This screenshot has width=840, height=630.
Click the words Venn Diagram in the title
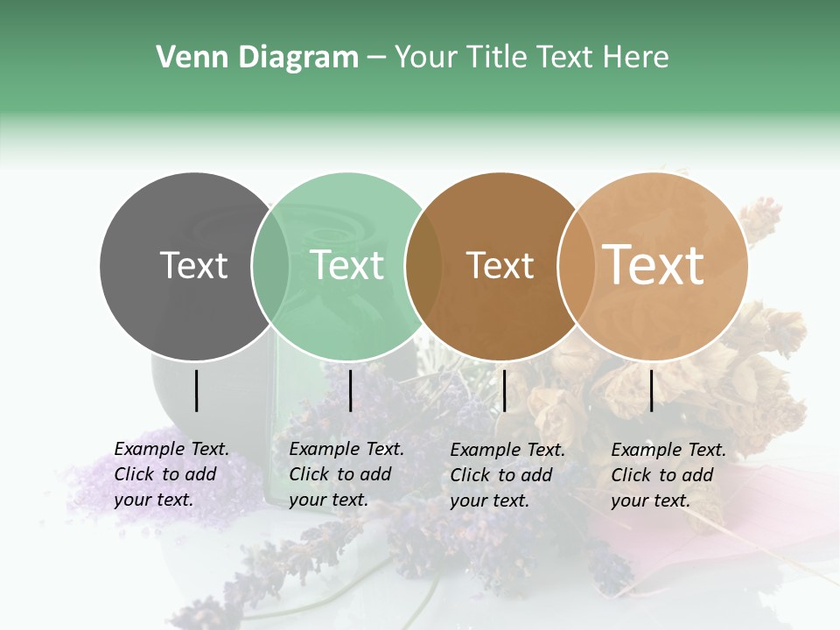point(257,58)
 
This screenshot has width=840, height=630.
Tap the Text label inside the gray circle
point(193,265)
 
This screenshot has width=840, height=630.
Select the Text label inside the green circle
point(347,265)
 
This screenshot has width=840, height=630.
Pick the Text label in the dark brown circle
point(500,265)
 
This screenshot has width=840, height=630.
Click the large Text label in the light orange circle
point(654,265)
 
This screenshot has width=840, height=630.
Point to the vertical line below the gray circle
point(196,390)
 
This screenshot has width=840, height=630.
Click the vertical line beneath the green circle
point(350,390)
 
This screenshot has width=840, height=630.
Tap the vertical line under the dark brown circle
point(504,390)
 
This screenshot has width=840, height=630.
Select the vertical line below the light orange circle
point(652,390)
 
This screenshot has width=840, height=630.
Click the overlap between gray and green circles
point(270,266)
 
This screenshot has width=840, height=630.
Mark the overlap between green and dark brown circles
point(423,266)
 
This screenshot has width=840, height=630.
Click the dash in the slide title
point(376,58)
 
